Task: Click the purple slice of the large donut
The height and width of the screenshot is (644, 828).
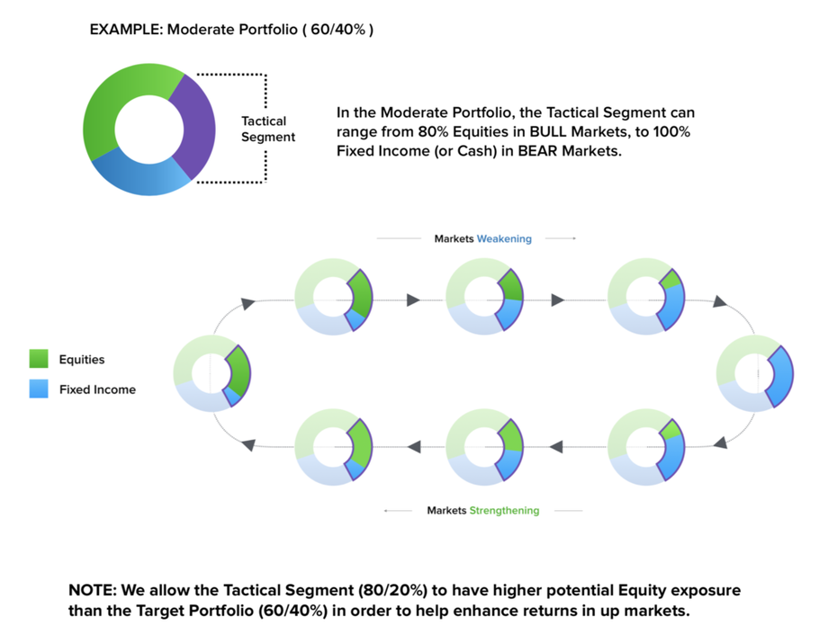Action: (196, 127)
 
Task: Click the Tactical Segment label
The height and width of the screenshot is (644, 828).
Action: (267, 129)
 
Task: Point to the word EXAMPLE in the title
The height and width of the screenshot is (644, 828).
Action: (124, 30)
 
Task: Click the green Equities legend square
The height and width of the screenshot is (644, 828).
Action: (39, 358)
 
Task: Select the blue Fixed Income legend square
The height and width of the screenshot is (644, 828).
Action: (39, 389)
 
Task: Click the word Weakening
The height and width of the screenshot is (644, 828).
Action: (504, 238)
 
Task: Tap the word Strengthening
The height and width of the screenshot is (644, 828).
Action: (504, 511)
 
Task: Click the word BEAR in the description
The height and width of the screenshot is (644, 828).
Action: (537, 151)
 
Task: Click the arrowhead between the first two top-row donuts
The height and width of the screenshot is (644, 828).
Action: (413, 300)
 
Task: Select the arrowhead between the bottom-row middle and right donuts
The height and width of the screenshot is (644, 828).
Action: (556, 447)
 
